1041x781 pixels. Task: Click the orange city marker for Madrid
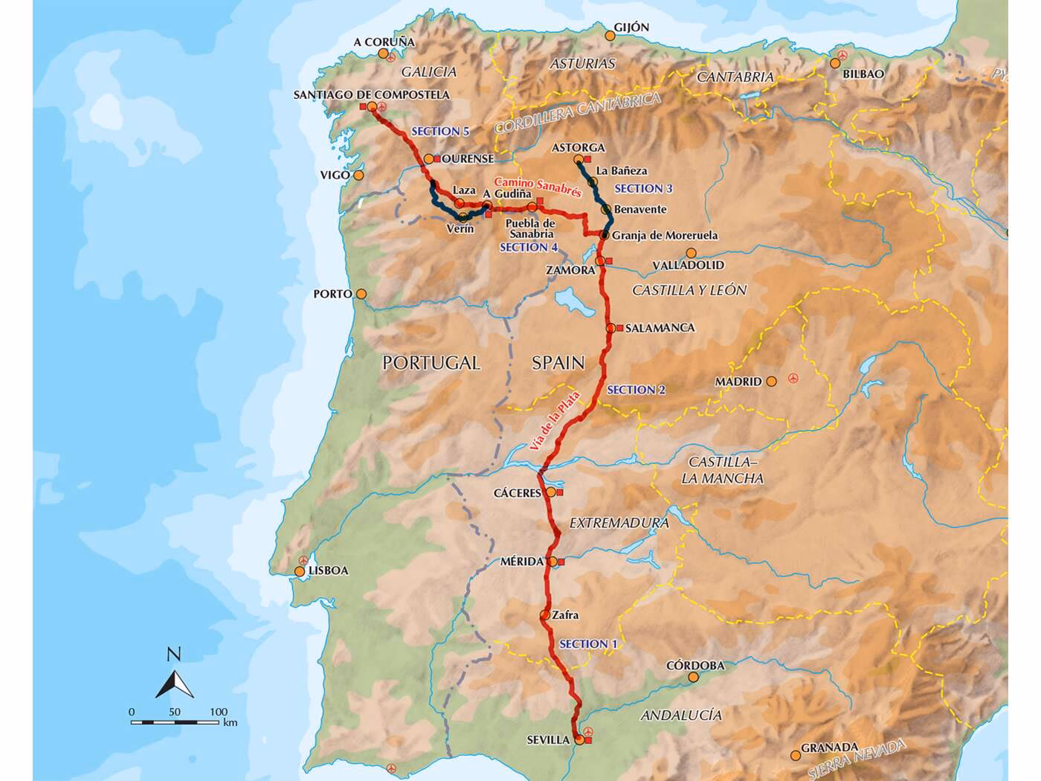[x=772, y=381]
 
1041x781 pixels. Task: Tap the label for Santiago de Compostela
[x=372, y=94]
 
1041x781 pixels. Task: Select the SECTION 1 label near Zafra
[x=587, y=644]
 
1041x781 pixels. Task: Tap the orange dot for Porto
[x=361, y=294]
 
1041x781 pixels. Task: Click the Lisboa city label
[x=327, y=571]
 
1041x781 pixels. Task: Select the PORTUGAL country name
[x=431, y=362]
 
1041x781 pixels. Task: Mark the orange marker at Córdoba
[x=694, y=677]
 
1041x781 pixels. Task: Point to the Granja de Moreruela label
[x=665, y=235]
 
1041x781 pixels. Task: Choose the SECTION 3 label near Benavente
[x=644, y=188]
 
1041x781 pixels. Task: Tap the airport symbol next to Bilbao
[x=842, y=56]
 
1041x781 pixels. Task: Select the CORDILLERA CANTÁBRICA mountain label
[x=578, y=112]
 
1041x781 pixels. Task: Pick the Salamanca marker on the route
[x=610, y=328]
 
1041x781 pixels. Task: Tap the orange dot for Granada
[x=796, y=754]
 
